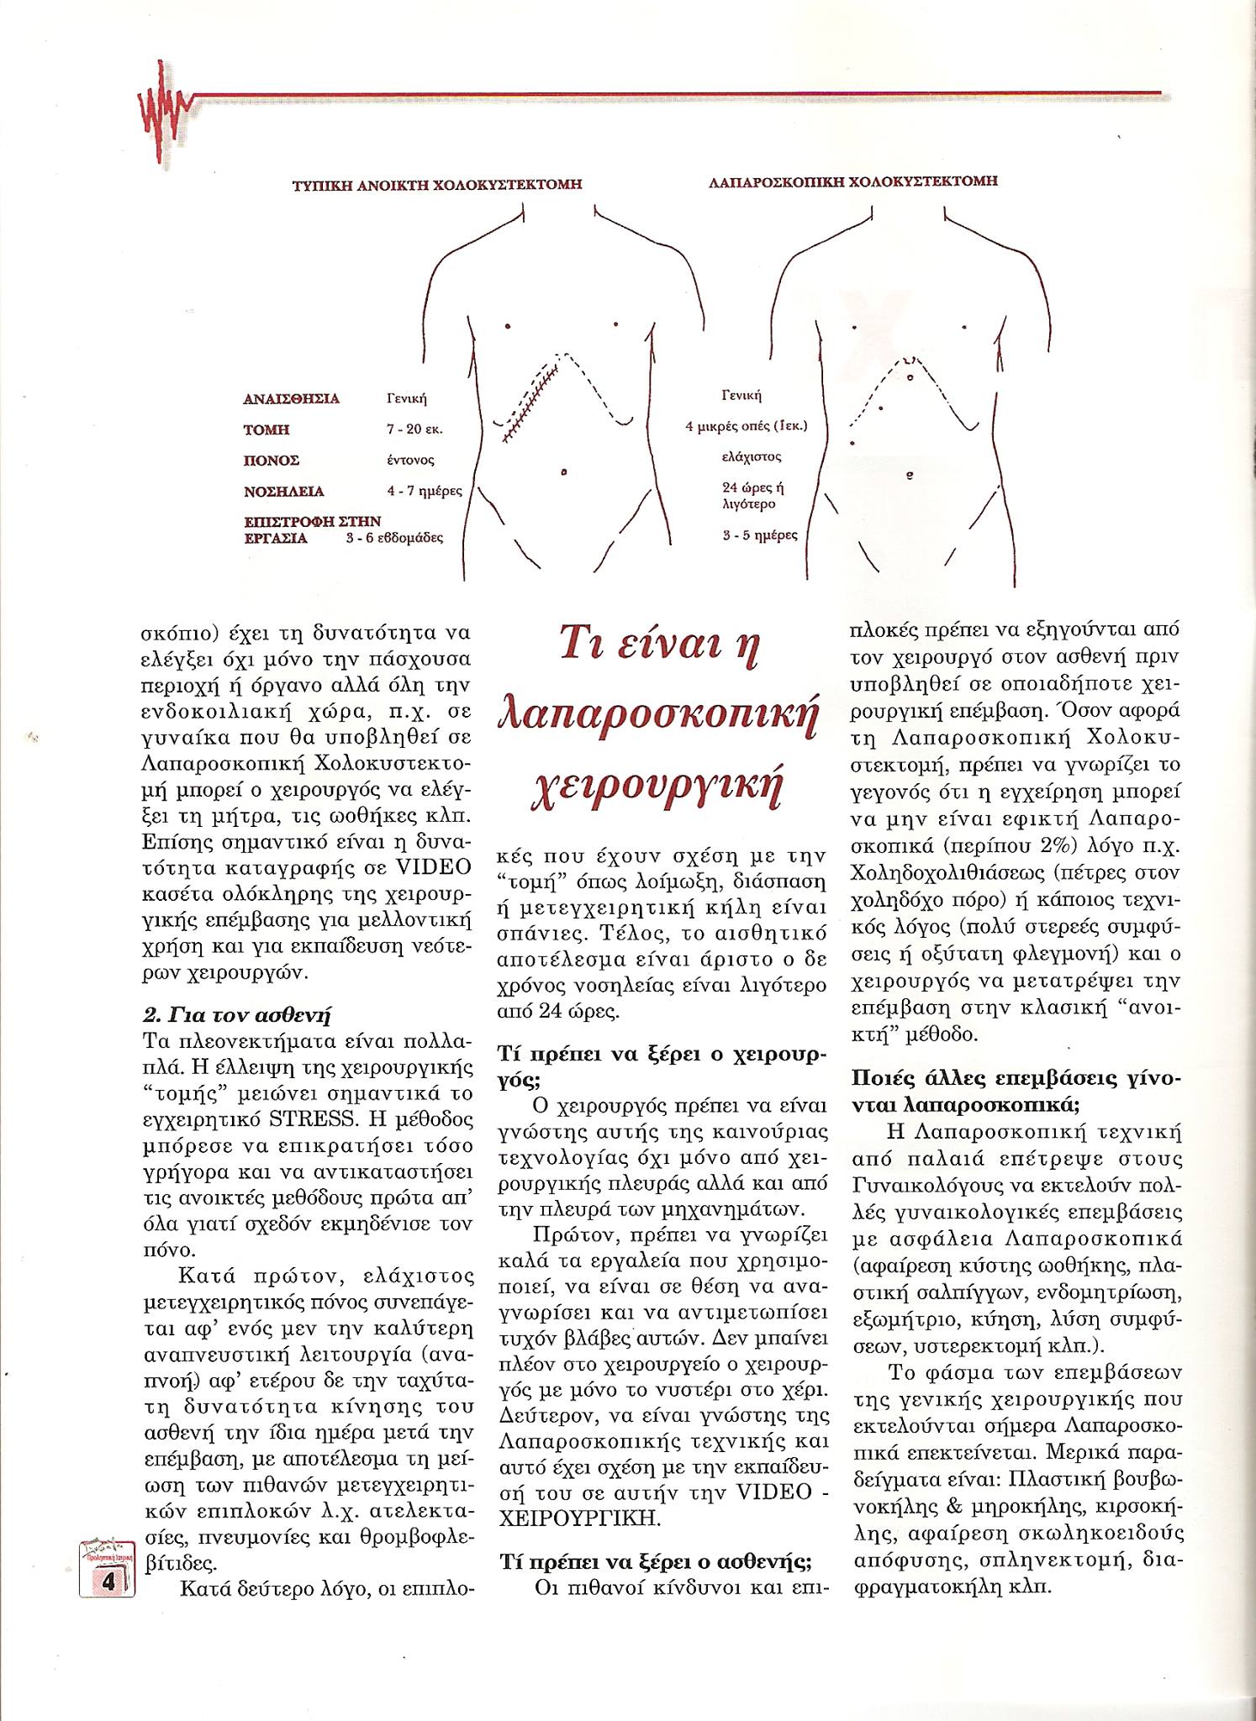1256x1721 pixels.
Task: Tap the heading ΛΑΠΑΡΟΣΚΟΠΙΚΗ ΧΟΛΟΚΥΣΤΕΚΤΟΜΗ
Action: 852,182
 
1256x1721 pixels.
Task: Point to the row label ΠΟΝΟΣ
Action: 272,461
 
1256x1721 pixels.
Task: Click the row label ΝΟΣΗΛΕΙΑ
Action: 283,492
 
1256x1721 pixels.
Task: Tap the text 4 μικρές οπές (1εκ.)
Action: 746,426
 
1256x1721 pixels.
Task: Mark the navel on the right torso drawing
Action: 910,475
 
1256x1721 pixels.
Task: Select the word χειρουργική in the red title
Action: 658,787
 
